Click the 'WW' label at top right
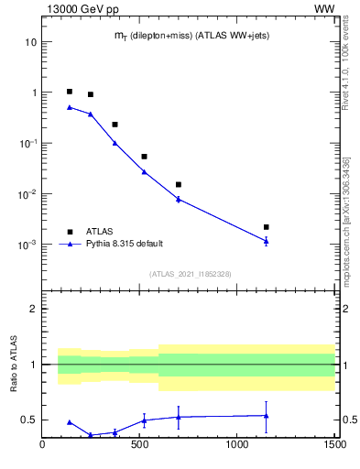pos(324,8)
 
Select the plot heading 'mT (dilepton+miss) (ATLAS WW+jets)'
pos(191,35)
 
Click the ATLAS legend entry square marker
pos(70,232)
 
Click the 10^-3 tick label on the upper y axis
pos(27,245)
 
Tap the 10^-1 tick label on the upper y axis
pos(27,144)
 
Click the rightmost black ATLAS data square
pos(267,227)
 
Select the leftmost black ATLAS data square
pos(70,92)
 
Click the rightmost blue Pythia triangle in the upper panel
pos(267,241)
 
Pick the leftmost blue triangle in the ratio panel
pos(70,422)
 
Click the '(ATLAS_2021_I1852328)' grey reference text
pos(191,274)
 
